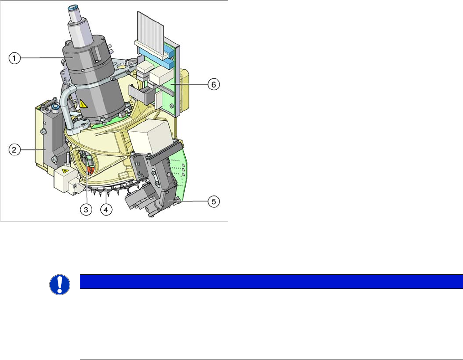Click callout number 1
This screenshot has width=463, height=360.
[14, 58]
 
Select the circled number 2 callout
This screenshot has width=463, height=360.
[14, 149]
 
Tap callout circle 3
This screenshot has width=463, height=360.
[86, 210]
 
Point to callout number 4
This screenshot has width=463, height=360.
[106, 210]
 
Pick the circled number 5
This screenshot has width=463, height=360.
[214, 201]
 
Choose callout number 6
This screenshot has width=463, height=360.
[214, 84]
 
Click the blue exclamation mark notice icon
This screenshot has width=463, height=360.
[60, 285]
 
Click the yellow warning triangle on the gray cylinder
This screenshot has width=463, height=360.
[83, 103]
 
